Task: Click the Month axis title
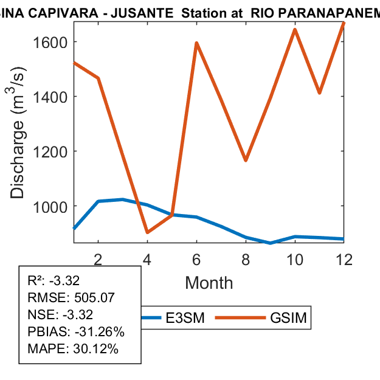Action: pyautogui.click(x=209, y=282)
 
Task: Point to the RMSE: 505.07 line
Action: pyautogui.click(x=72, y=298)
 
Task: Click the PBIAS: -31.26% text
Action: pyautogui.click(x=76, y=332)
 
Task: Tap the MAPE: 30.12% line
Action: pyautogui.click(x=73, y=349)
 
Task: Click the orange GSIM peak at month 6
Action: pyautogui.click(x=196, y=43)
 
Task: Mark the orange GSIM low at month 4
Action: pyautogui.click(x=147, y=232)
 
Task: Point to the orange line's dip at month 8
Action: pyautogui.click(x=246, y=161)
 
